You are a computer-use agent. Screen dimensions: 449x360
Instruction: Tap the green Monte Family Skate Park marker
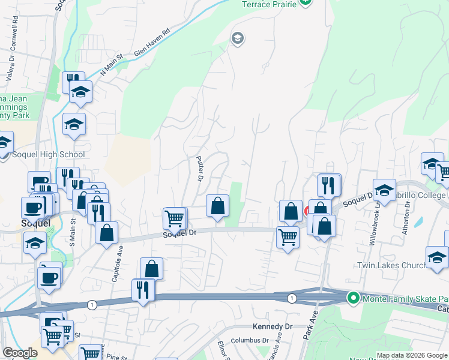point(354,297)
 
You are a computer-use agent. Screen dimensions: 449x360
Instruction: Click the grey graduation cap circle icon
point(237,38)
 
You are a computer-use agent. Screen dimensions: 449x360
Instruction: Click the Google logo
point(20,353)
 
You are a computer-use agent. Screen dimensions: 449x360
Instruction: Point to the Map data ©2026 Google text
point(412,355)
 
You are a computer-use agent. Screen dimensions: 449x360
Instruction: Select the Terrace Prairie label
point(269,4)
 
